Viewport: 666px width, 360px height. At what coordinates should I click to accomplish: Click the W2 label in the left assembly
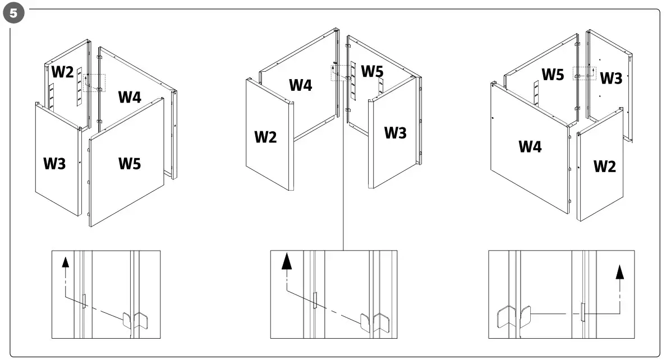pyautogui.click(x=62, y=72)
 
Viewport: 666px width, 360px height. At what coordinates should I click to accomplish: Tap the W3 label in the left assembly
pyautogui.click(x=55, y=164)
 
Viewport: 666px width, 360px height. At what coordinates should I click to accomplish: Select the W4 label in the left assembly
pyautogui.click(x=130, y=96)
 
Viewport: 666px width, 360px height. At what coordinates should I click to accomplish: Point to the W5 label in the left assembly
pyautogui.click(x=130, y=164)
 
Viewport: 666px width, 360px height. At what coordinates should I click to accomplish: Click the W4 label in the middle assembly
pyautogui.click(x=301, y=85)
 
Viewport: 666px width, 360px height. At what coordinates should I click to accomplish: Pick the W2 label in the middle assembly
pyautogui.click(x=265, y=136)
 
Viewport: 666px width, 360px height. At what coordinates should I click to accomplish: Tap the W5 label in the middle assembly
pyautogui.click(x=372, y=71)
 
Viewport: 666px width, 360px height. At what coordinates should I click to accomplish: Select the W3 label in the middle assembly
pyautogui.click(x=395, y=133)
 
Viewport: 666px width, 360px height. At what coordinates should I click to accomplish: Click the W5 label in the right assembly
pyautogui.click(x=553, y=74)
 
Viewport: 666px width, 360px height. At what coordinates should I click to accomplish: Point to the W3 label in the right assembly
pyautogui.click(x=611, y=79)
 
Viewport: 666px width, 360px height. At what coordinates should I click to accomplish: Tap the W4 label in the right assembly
pyautogui.click(x=530, y=147)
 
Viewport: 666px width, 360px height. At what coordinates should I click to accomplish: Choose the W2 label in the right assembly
pyautogui.click(x=604, y=166)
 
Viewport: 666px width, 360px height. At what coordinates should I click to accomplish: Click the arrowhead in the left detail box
pyautogui.click(x=65, y=262)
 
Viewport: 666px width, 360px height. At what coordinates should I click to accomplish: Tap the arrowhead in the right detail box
pyautogui.click(x=619, y=272)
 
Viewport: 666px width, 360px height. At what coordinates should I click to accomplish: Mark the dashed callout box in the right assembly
pyautogui.click(x=584, y=73)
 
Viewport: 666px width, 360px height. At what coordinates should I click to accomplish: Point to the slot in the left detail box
pyautogui.click(x=84, y=301)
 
